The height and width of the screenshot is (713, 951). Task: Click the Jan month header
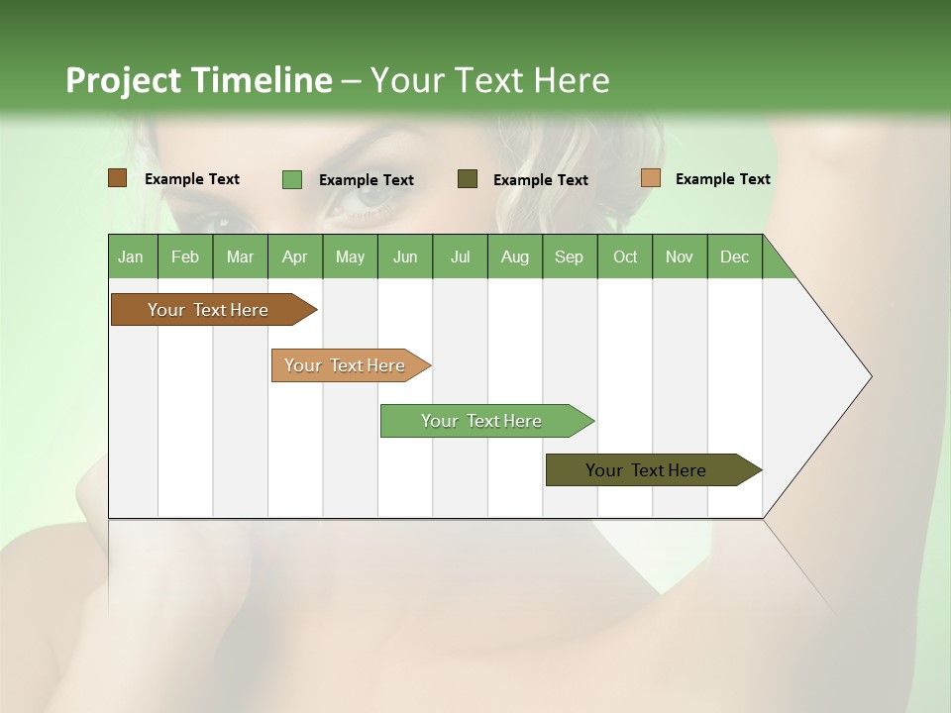click(131, 256)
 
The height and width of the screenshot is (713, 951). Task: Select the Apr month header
click(294, 256)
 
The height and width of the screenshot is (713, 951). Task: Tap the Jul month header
click(460, 256)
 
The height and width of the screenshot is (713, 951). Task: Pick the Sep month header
click(569, 256)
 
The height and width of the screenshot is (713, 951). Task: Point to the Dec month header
click(734, 256)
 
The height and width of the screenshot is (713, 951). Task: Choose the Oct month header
click(625, 256)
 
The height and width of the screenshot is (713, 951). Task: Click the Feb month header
click(185, 256)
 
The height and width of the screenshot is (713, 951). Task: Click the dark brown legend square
click(118, 178)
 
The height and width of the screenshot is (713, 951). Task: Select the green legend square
click(292, 179)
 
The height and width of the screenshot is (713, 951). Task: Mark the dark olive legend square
click(468, 178)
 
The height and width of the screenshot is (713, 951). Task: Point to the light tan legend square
click(651, 178)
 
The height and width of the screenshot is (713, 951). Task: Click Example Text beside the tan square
click(722, 179)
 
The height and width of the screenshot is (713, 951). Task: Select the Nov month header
click(680, 256)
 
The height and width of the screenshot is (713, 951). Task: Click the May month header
click(350, 256)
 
